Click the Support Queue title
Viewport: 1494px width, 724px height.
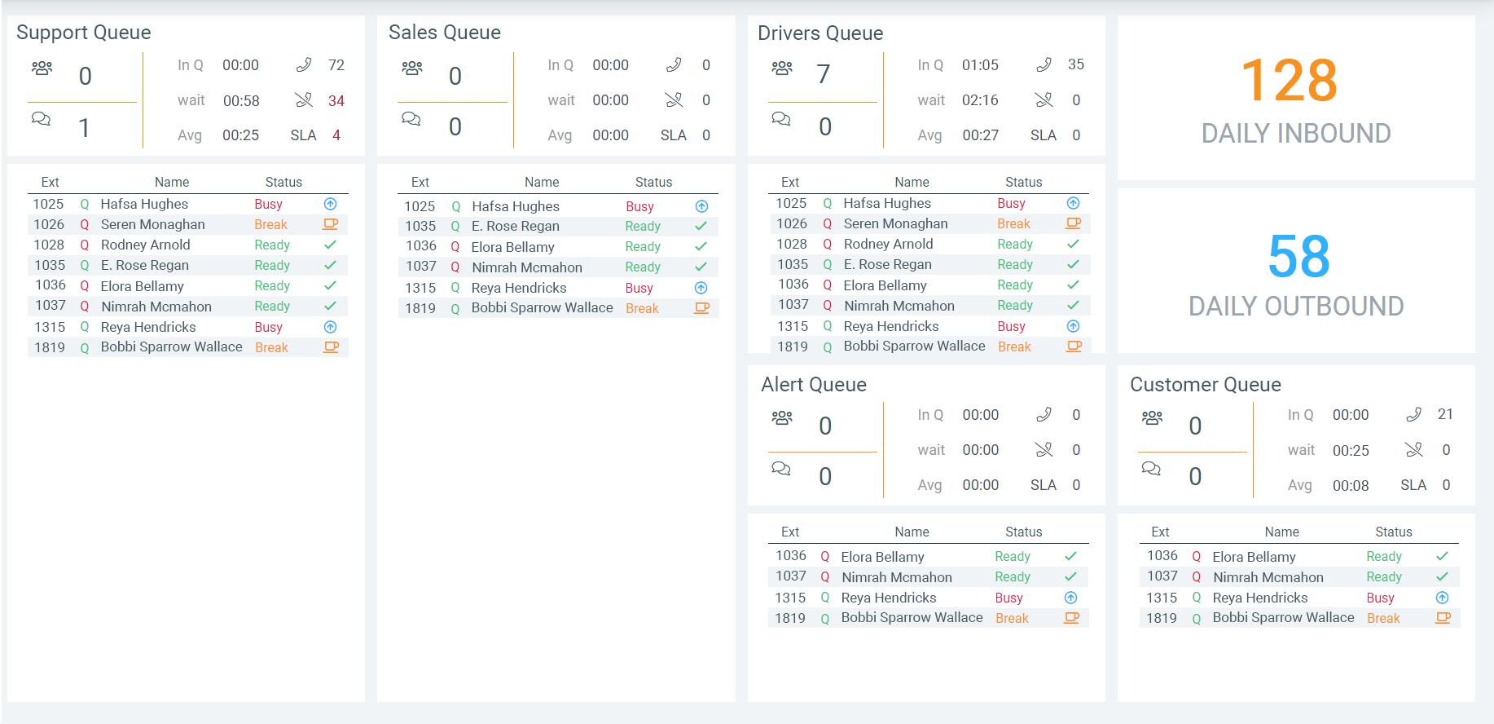84,33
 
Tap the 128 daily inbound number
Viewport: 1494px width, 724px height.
1290,81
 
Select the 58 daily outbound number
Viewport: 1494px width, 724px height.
1298,256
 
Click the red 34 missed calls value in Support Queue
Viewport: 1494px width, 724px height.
336,101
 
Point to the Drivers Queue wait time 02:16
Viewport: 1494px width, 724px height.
980,100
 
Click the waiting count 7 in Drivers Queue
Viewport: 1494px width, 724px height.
824,74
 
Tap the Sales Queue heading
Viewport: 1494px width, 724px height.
445,33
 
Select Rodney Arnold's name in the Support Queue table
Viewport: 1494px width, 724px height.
146,245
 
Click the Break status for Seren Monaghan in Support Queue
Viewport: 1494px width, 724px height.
270,225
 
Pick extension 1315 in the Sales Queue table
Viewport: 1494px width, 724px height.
420,288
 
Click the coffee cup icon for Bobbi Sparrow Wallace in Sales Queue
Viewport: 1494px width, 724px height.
701,308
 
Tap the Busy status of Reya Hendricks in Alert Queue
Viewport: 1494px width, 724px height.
1008,598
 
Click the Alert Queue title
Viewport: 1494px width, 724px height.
814,385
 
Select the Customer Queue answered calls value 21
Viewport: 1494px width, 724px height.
1445,415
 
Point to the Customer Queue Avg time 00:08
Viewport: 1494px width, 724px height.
1351,486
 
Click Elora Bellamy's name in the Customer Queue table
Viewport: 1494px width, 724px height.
1254,557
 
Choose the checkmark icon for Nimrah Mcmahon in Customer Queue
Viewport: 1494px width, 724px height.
1442,577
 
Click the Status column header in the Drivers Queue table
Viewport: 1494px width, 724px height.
1023,183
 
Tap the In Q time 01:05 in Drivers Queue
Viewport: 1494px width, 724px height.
980,65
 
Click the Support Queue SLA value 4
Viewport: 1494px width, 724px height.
336,135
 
